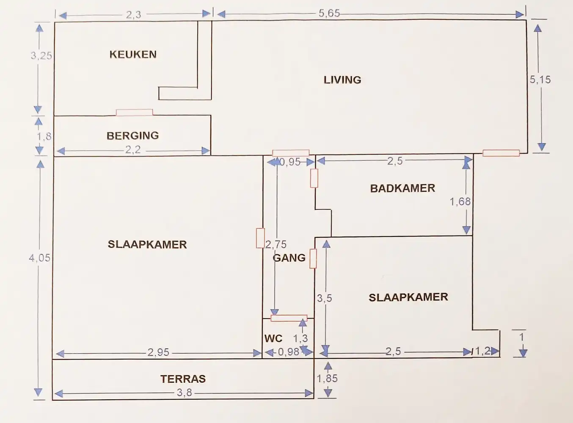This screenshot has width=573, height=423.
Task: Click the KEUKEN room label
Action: coord(133,55)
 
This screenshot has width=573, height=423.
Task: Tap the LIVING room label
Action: coord(342,80)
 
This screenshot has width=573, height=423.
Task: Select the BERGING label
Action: coord(132,136)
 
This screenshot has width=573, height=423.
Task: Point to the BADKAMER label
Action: coord(402,188)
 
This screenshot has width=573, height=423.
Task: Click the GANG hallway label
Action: coord(289,258)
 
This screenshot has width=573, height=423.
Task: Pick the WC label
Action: coord(273,339)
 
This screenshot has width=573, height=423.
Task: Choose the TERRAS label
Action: coord(183,379)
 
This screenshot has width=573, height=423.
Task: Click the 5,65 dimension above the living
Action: coord(329,14)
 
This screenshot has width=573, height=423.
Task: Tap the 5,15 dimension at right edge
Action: coord(540,80)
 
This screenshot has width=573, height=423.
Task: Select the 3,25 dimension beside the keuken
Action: coord(41,55)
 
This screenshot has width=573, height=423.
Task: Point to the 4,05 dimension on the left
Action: coord(39,258)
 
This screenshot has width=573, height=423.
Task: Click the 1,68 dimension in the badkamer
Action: coord(460,202)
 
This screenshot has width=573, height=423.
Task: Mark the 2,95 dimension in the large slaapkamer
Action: coord(158,352)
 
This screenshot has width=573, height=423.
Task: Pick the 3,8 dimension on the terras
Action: coord(185,393)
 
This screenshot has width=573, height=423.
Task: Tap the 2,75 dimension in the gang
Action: coord(276,244)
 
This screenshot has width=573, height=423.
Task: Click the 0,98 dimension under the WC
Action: coord(289,352)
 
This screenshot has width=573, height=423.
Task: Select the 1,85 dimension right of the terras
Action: coord(327,379)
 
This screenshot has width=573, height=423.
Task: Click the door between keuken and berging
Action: coord(134,113)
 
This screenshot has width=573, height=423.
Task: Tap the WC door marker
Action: coord(289,318)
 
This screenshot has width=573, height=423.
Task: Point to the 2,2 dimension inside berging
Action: coord(133,150)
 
